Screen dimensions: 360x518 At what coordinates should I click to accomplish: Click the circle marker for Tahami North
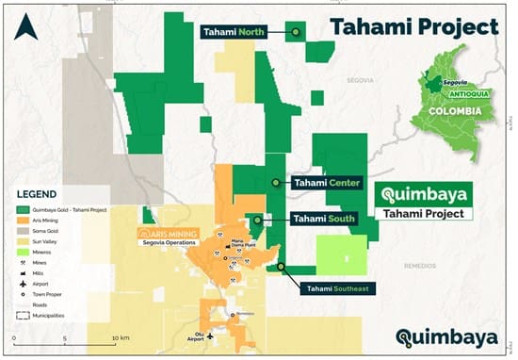click(296, 32)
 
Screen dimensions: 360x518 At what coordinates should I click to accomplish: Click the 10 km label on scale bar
click(119, 337)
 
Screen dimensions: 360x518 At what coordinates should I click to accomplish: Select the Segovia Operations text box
click(170, 237)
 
